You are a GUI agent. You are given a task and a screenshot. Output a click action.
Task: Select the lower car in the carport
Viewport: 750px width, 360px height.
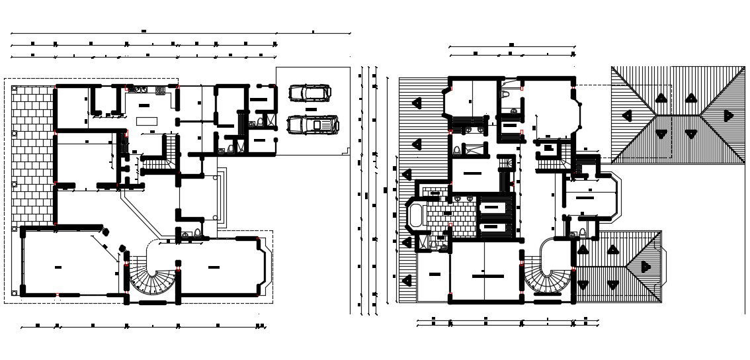coord(313,124)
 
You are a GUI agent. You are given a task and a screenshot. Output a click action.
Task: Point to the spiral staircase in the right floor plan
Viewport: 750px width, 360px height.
coord(549,275)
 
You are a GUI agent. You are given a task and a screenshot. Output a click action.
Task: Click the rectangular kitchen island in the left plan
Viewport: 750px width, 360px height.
coord(146,121)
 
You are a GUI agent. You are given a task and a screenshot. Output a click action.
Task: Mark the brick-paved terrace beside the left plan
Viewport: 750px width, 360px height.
coord(32,156)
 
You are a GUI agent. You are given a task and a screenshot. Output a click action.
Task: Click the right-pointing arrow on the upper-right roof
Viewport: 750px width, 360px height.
coord(728,115)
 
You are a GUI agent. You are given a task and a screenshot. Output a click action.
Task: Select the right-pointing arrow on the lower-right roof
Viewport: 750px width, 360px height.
coord(646,267)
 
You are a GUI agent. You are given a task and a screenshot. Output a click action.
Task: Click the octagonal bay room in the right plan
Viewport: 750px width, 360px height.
coord(591,195)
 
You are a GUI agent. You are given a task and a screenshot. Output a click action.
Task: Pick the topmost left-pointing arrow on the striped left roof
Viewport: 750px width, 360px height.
coord(416,103)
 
